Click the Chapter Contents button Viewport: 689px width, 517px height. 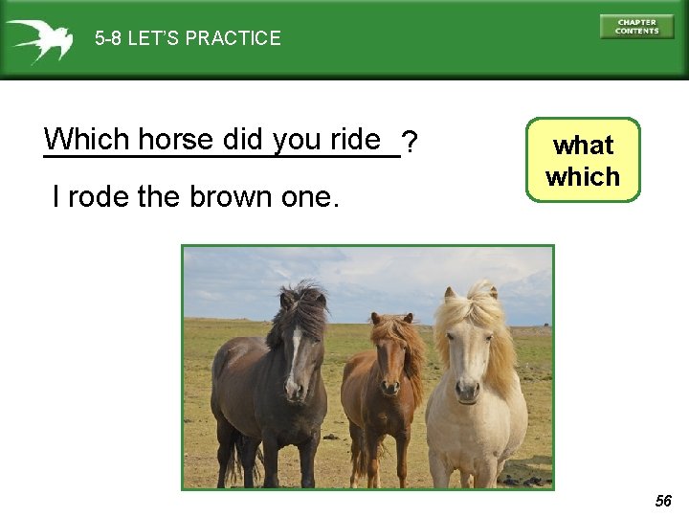(636, 27)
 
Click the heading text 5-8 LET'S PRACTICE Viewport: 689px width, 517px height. (188, 38)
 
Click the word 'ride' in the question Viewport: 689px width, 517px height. (356, 140)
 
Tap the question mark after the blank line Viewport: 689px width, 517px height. (410, 144)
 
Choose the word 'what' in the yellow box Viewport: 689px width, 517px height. (583, 146)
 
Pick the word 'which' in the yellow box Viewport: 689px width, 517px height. (583, 177)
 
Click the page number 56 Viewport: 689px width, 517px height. (664, 501)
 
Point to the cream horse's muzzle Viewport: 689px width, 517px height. (468, 388)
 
